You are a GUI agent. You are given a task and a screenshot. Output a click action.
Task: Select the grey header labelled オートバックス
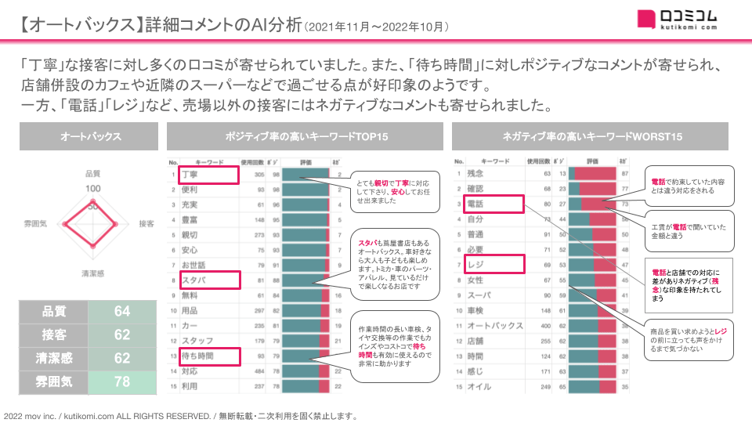click(91, 137)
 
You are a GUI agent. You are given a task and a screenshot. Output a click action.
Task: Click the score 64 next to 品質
click(122, 312)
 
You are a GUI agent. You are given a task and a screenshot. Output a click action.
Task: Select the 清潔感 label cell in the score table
click(53, 358)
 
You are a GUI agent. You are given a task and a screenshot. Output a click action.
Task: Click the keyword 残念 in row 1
click(477, 173)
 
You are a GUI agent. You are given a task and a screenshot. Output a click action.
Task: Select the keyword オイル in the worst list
click(479, 387)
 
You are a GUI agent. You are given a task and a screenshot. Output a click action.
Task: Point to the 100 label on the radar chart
click(93, 189)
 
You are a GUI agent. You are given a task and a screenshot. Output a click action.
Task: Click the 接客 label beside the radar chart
click(146, 223)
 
